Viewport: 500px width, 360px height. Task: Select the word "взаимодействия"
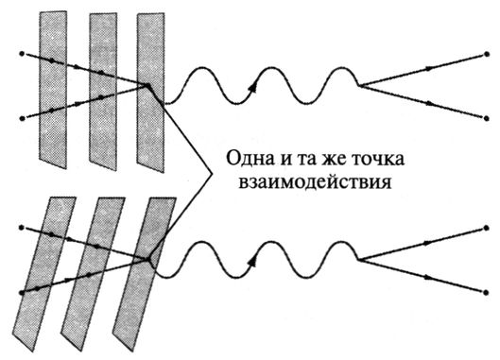(316, 183)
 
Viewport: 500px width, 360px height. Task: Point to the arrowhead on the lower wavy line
(253, 261)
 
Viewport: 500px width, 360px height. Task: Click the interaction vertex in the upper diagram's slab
(147, 85)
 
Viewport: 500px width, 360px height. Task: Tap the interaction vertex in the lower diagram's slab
(148, 259)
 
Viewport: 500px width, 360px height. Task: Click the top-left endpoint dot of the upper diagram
(22, 54)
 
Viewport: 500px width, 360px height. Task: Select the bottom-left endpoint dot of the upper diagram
(22, 118)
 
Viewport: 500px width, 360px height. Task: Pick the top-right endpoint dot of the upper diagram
(486, 54)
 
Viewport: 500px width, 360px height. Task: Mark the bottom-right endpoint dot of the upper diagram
(486, 118)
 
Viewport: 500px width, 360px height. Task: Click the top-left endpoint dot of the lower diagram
(22, 228)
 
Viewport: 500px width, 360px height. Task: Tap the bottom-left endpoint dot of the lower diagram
(22, 292)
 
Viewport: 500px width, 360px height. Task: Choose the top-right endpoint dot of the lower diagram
(486, 228)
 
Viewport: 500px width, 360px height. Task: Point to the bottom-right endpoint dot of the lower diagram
(486, 292)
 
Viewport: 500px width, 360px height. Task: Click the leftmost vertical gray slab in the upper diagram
(53, 90)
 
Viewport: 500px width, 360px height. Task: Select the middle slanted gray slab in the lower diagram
(93, 274)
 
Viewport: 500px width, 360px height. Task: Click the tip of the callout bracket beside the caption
(212, 173)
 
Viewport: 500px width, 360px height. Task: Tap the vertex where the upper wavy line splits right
(359, 85)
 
